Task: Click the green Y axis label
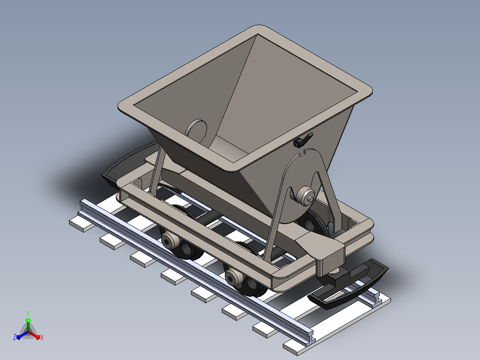[28, 313]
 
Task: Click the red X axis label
[42, 337]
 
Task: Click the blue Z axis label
[15, 337]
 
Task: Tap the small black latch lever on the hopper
[303, 140]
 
